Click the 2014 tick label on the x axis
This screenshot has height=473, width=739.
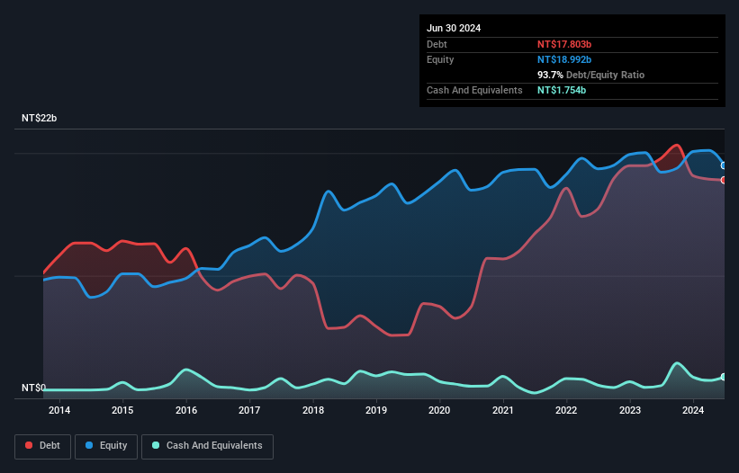tap(59, 411)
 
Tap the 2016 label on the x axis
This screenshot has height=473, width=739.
tap(186, 411)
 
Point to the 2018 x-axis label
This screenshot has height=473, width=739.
tap(313, 411)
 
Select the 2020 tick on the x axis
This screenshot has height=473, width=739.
tap(439, 411)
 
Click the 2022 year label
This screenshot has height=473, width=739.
tap(566, 411)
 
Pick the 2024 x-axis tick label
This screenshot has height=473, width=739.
tap(693, 411)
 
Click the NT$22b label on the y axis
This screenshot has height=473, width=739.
tap(39, 119)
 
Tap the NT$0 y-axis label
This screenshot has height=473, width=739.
tap(33, 388)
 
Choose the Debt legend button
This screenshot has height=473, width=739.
tap(44, 445)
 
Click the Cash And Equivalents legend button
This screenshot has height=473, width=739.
tap(207, 445)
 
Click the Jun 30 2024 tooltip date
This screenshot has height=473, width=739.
tap(454, 28)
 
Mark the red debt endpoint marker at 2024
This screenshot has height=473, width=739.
tap(724, 180)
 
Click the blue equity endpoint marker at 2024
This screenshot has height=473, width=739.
tap(724, 165)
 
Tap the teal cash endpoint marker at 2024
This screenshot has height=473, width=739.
tap(724, 377)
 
